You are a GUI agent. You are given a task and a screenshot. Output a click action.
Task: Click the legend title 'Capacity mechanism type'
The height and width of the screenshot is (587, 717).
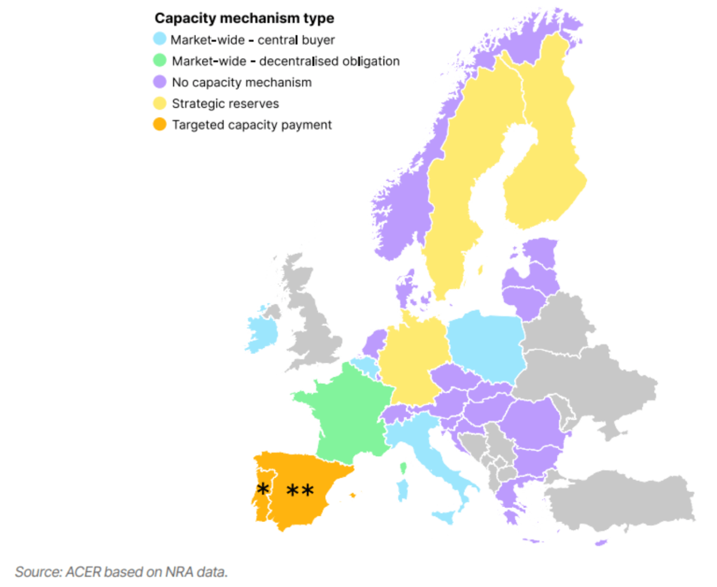pos(244,19)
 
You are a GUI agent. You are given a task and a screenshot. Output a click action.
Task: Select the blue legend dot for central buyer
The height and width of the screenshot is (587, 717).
pos(159,39)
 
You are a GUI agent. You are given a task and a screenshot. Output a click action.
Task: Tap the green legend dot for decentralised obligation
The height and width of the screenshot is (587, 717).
pos(159,61)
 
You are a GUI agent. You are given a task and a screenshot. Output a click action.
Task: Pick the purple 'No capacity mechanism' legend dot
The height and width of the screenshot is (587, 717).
pos(159,82)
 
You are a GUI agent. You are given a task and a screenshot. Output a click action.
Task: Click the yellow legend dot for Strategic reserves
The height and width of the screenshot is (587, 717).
pos(159,103)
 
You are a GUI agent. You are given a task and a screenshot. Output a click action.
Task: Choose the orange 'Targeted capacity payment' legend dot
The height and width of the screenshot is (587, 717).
pos(159,125)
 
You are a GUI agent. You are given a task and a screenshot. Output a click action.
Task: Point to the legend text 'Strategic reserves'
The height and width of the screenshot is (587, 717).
pos(225,103)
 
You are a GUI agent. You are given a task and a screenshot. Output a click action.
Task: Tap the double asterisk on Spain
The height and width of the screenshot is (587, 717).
pos(300,491)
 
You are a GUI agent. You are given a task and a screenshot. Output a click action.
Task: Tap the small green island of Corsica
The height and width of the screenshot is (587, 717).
pos(403,467)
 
